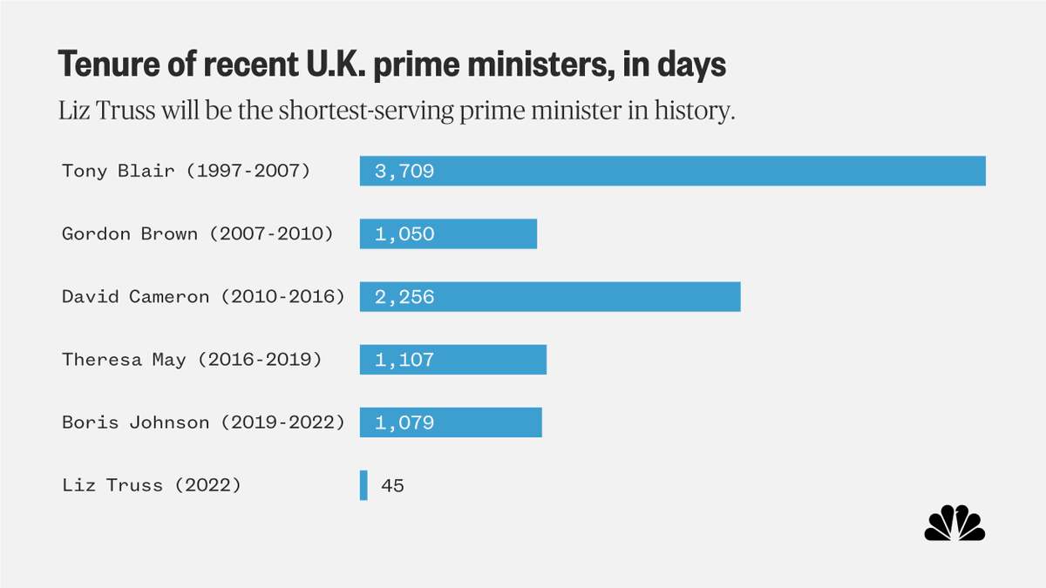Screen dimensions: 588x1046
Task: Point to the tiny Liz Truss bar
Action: coord(363,485)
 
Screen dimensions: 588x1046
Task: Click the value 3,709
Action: coord(404,172)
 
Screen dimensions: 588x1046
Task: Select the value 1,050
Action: coord(404,234)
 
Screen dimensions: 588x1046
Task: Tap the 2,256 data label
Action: coord(404,297)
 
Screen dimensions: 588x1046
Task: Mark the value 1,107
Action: coord(404,360)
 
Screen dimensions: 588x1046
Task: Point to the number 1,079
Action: coord(404,423)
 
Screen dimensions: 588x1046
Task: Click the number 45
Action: coord(392,486)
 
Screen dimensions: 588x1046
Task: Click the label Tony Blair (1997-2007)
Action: coord(186,171)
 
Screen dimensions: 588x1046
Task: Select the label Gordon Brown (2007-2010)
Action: coord(197,233)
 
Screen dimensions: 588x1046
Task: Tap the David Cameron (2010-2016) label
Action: coord(203,297)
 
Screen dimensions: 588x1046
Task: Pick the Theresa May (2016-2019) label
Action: coord(192,360)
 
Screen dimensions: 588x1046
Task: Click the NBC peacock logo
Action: coord(954,524)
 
